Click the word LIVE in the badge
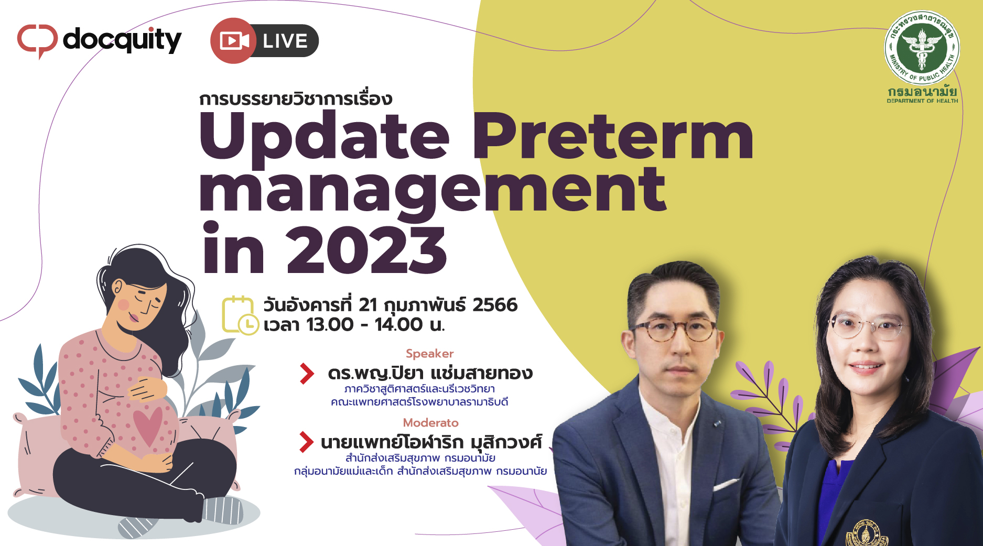click(285, 41)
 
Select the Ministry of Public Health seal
click(922, 48)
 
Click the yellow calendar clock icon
click(240, 315)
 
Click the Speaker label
click(429, 354)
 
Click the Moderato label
click(430, 423)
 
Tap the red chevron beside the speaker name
click(307, 374)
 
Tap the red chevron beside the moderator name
click(306, 442)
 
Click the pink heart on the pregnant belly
click(148, 425)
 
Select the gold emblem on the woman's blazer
click(866, 533)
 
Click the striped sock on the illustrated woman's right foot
click(222, 509)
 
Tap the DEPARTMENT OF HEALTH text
click(922, 101)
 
